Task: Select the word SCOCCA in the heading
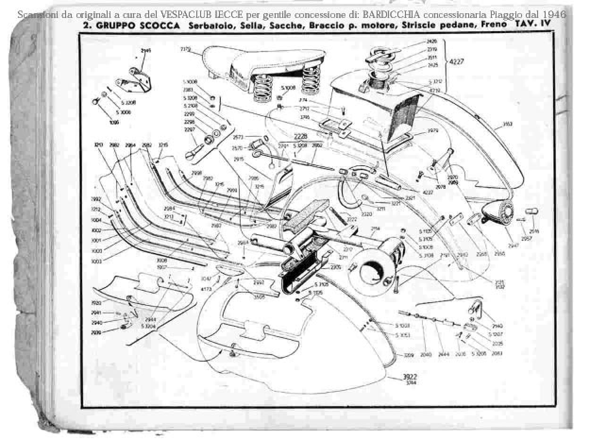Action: (160, 26)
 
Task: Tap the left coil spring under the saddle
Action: (261, 88)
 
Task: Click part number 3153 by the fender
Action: (508, 125)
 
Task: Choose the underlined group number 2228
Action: (300, 136)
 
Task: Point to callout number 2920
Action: (96, 303)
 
